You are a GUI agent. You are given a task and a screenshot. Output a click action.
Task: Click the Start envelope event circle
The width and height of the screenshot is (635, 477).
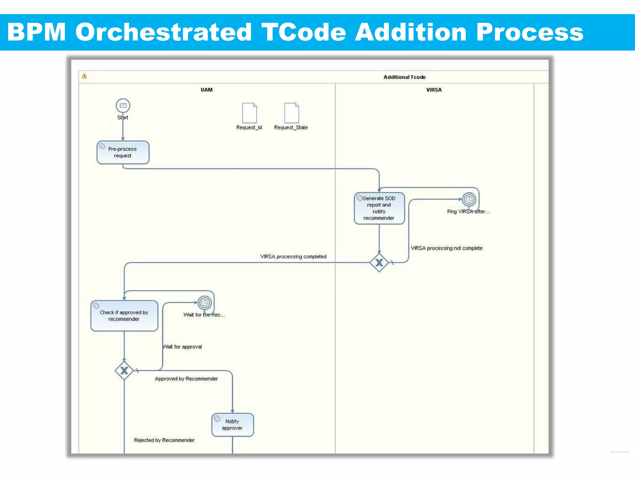[x=123, y=106]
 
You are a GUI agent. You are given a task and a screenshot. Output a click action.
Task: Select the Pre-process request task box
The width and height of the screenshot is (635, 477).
[x=123, y=152]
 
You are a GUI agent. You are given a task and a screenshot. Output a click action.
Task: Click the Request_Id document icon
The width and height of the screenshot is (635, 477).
[x=249, y=113]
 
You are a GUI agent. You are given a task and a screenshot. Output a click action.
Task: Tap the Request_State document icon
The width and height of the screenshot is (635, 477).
[x=291, y=113]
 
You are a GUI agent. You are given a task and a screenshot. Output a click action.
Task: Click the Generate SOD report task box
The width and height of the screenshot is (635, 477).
[x=379, y=208]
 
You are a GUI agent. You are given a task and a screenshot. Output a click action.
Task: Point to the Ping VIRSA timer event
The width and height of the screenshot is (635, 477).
[x=469, y=199]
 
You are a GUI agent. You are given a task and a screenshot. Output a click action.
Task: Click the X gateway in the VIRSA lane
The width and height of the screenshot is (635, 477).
[x=379, y=263]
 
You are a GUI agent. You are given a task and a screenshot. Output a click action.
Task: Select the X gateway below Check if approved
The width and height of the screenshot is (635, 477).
[x=124, y=370]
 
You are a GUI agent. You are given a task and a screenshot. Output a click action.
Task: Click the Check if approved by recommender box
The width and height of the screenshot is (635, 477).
[x=124, y=316]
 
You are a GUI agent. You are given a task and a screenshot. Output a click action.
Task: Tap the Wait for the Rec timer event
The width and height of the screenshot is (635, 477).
[x=205, y=302]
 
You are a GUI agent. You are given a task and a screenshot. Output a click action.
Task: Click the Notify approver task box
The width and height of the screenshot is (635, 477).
[x=232, y=425]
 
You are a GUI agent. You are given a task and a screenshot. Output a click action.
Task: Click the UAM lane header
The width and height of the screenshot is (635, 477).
[x=206, y=90]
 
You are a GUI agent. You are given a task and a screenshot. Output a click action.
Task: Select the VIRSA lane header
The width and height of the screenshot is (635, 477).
[x=434, y=90]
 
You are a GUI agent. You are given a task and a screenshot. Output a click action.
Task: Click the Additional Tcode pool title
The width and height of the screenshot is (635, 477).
[x=404, y=77]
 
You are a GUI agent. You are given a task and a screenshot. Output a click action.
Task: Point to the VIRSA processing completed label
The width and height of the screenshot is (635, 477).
[x=293, y=257]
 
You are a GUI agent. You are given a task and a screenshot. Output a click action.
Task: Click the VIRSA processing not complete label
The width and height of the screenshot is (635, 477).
[x=446, y=248]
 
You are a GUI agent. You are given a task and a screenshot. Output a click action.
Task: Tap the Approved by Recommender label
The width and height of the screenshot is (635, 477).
[x=186, y=379]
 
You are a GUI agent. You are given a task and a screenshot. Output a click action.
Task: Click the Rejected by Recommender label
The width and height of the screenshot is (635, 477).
[x=164, y=440]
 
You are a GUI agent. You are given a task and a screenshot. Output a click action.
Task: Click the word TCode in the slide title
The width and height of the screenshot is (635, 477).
[x=304, y=32]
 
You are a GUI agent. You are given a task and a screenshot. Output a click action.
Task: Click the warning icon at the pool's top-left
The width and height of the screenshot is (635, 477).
[x=84, y=76]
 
